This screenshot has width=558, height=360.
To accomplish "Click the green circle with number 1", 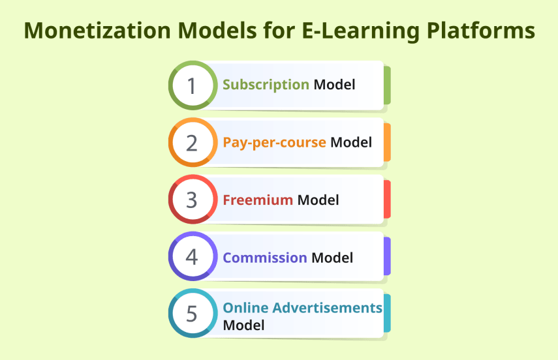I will coord(192,85).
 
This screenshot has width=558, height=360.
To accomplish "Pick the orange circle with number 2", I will coord(192,142).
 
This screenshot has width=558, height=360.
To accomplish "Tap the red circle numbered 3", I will coord(192,200).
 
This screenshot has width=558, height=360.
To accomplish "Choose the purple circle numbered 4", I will coord(192,256).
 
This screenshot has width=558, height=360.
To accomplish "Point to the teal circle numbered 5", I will coord(192,314).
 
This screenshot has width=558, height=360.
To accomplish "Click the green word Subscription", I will coord(266,85).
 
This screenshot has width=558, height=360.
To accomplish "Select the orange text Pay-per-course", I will coord(274,142).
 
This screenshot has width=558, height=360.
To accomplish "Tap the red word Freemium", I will coord(258,200).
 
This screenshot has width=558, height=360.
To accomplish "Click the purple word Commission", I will coord(265,258).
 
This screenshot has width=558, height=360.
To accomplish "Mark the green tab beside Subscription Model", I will coord(387,85).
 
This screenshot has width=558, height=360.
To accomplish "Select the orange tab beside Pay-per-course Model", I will coord(387,142).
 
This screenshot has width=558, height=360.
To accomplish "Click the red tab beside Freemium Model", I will coord(387,200).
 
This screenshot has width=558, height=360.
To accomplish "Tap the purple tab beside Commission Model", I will coord(387,256).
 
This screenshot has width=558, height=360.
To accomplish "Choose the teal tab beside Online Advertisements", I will coord(387,314).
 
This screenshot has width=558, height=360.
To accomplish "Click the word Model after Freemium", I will coord(318,200).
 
